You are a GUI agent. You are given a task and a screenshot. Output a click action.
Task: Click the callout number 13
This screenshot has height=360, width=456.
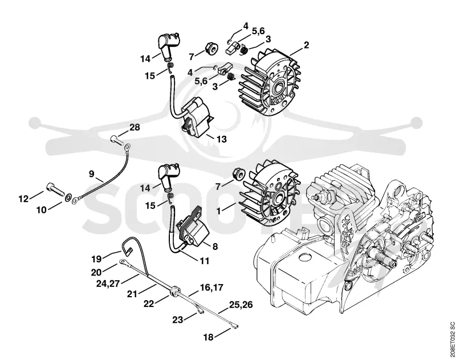click(x=221, y=139)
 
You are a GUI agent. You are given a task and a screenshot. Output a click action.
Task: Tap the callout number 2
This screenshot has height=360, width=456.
click(x=306, y=45)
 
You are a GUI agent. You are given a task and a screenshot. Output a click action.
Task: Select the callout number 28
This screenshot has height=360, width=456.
click(x=135, y=127)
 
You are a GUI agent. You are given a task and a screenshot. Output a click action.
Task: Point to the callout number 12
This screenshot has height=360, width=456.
click(x=23, y=199)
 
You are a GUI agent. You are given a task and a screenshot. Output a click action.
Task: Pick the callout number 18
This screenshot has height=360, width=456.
click(x=209, y=337)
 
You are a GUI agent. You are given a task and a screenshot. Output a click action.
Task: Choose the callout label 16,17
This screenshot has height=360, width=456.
click(x=211, y=288)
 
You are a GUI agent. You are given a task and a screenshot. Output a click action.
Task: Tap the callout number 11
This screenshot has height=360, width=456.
click(x=205, y=261)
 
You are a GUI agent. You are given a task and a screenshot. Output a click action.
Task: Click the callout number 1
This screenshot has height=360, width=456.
click(x=219, y=211)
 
